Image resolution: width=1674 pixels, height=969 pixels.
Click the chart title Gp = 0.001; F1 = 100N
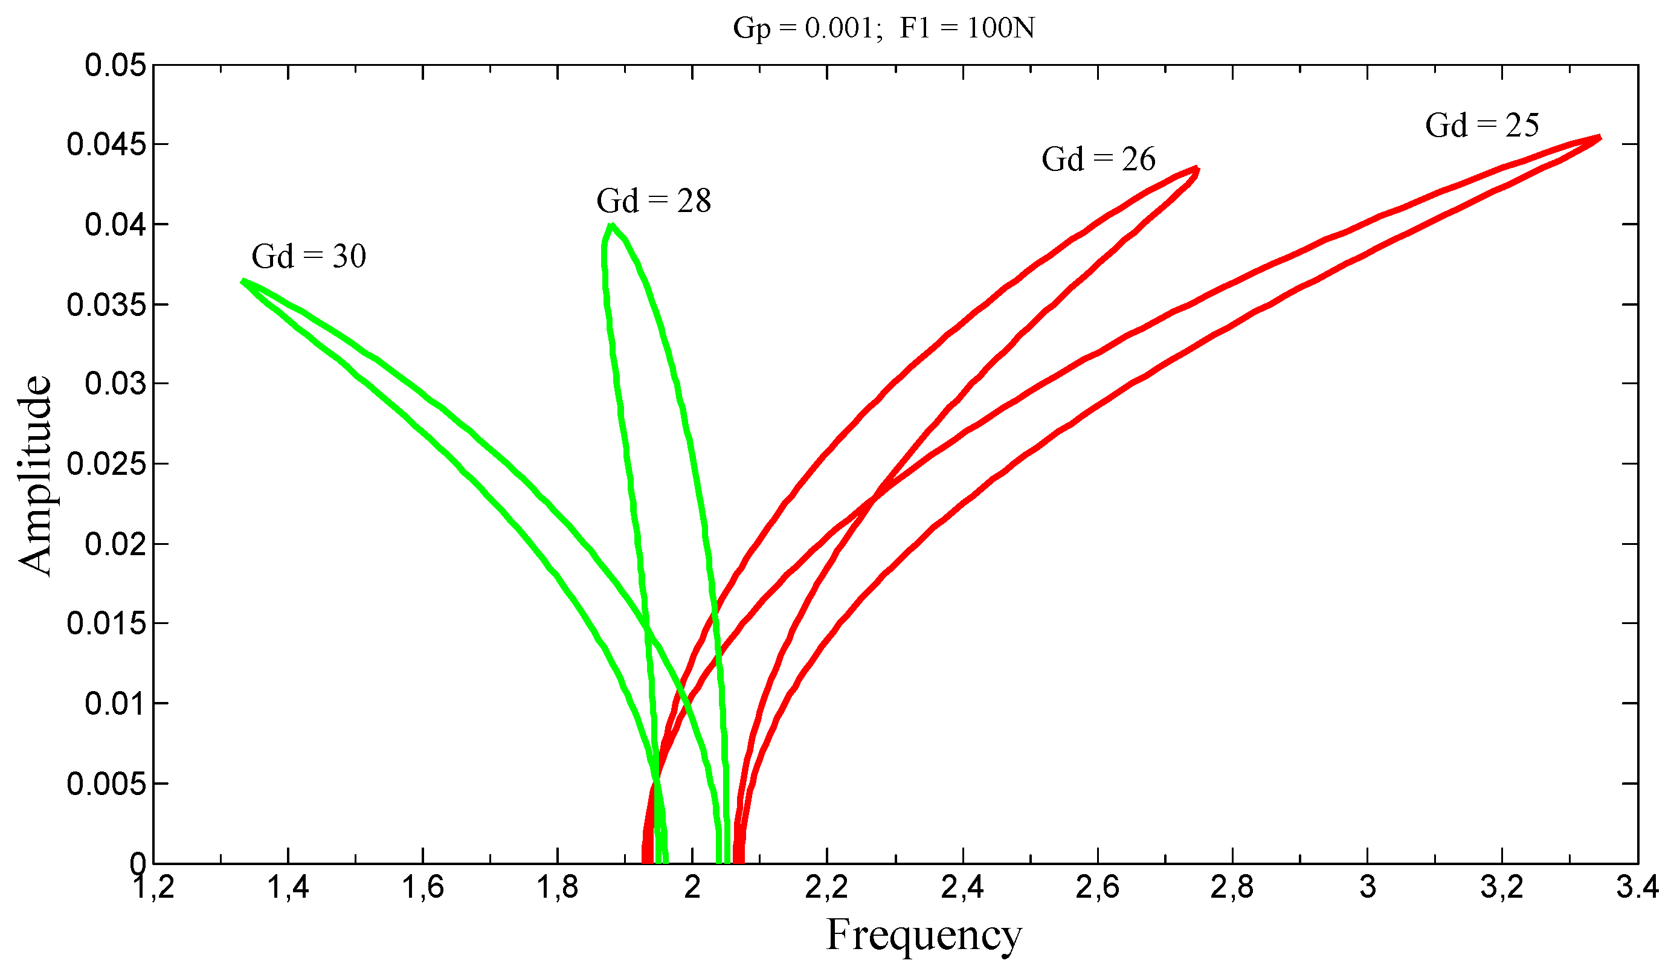point(883,28)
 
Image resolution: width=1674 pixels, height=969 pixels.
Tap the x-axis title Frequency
point(923,935)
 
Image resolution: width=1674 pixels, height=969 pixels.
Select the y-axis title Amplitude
point(34,475)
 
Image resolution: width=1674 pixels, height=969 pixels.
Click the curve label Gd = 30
point(309,256)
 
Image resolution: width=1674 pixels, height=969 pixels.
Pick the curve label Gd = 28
point(654,201)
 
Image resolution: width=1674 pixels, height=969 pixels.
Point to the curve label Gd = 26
point(1098,159)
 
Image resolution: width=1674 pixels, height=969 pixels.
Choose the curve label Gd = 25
point(1481,126)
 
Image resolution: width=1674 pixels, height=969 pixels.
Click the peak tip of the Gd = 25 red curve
point(1600,138)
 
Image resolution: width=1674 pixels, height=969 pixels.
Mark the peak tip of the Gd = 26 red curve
point(1197,169)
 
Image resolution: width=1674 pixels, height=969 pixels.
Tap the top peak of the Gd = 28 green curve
point(612,225)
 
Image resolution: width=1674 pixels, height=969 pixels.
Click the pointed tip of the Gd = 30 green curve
point(242,281)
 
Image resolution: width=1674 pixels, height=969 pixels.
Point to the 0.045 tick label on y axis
point(106,145)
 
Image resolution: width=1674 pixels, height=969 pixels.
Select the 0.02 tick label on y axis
point(115,544)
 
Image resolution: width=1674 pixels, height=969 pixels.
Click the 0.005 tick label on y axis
point(106,784)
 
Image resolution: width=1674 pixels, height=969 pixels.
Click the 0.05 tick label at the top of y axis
point(115,66)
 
